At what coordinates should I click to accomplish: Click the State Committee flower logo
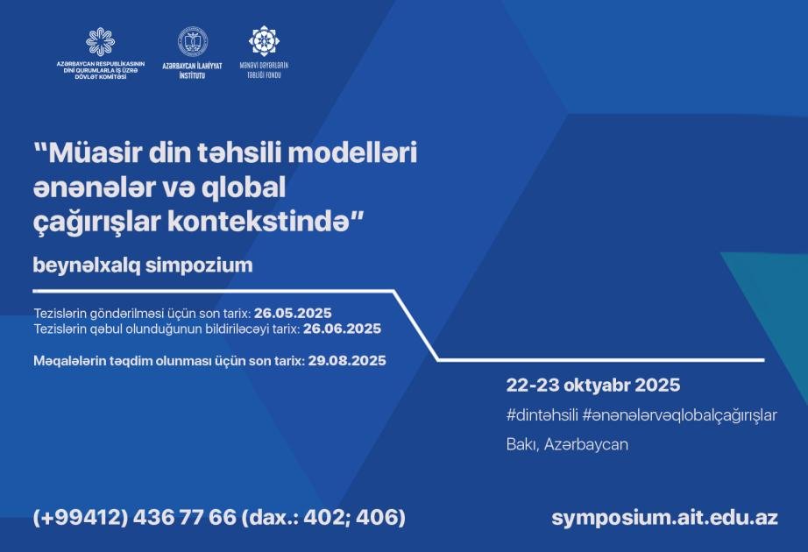pyautogui.click(x=101, y=41)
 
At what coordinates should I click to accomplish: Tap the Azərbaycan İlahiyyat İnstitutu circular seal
pyautogui.click(x=193, y=42)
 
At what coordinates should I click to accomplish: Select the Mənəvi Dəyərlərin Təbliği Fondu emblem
pyautogui.click(x=264, y=40)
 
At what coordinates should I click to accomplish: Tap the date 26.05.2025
pyautogui.click(x=293, y=313)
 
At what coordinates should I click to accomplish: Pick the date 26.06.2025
pyautogui.click(x=342, y=329)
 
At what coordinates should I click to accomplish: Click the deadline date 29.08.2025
pyautogui.click(x=347, y=360)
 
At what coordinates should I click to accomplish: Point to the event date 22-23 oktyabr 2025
pyautogui.click(x=593, y=385)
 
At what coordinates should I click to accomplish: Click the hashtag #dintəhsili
pyautogui.click(x=542, y=415)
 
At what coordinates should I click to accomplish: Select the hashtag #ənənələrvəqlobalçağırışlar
pyautogui.click(x=679, y=415)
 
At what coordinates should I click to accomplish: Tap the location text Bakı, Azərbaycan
pyautogui.click(x=567, y=444)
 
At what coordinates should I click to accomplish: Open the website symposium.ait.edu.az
pyautogui.click(x=665, y=518)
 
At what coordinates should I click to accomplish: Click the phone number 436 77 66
pyautogui.click(x=185, y=517)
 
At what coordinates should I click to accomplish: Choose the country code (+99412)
pyautogui.click(x=81, y=517)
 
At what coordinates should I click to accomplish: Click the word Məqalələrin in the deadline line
pyautogui.click(x=69, y=361)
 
